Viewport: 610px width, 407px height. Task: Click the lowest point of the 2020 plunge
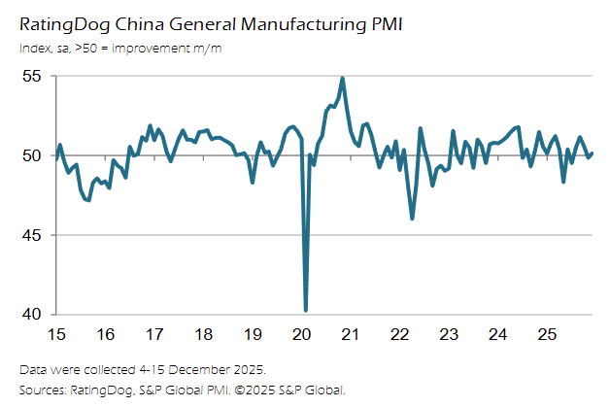306,310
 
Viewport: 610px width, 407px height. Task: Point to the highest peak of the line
343,79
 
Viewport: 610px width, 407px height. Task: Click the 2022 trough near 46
412,219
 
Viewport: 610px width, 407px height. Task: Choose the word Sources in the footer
44,390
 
